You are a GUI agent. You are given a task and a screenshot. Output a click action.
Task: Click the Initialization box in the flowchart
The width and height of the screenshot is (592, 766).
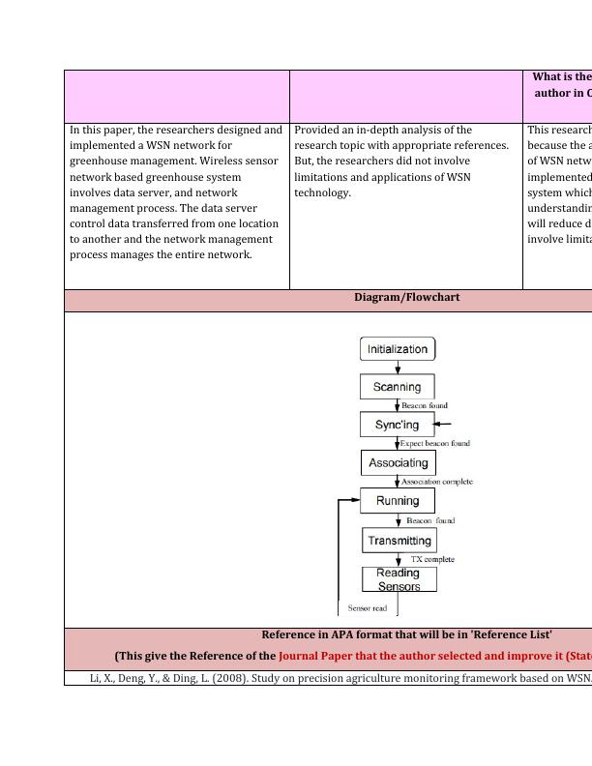tap(398, 349)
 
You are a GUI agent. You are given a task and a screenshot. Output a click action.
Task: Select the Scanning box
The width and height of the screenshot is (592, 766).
tap(398, 387)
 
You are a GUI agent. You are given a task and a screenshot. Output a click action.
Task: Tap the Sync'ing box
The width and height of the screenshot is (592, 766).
tap(397, 425)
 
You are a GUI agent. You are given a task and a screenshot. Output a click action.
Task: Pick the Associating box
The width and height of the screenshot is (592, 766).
tap(398, 463)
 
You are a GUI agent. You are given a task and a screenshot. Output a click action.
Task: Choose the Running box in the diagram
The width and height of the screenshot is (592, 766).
tap(398, 501)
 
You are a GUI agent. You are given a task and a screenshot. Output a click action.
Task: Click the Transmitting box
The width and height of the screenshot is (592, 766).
tap(400, 541)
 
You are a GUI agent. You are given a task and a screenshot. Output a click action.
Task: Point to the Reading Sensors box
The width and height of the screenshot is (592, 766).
tap(400, 579)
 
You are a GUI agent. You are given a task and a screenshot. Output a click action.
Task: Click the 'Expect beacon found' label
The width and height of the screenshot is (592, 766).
tap(435, 443)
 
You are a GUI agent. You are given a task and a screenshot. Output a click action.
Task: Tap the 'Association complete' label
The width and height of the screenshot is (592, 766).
tap(437, 482)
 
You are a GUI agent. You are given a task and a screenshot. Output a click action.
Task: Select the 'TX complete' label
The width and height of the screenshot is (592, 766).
tap(432, 559)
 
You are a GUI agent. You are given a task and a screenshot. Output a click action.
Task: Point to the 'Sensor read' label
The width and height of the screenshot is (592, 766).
tap(368, 608)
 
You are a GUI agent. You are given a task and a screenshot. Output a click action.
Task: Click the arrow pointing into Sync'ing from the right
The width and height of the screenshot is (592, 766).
tap(442, 424)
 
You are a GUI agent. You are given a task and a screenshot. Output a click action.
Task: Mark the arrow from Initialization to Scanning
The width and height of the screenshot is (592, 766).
tap(398, 368)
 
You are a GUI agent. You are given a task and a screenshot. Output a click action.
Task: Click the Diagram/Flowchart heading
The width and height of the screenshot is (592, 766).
tap(407, 298)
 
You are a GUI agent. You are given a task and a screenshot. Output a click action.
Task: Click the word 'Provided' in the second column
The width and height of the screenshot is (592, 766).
tap(317, 130)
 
